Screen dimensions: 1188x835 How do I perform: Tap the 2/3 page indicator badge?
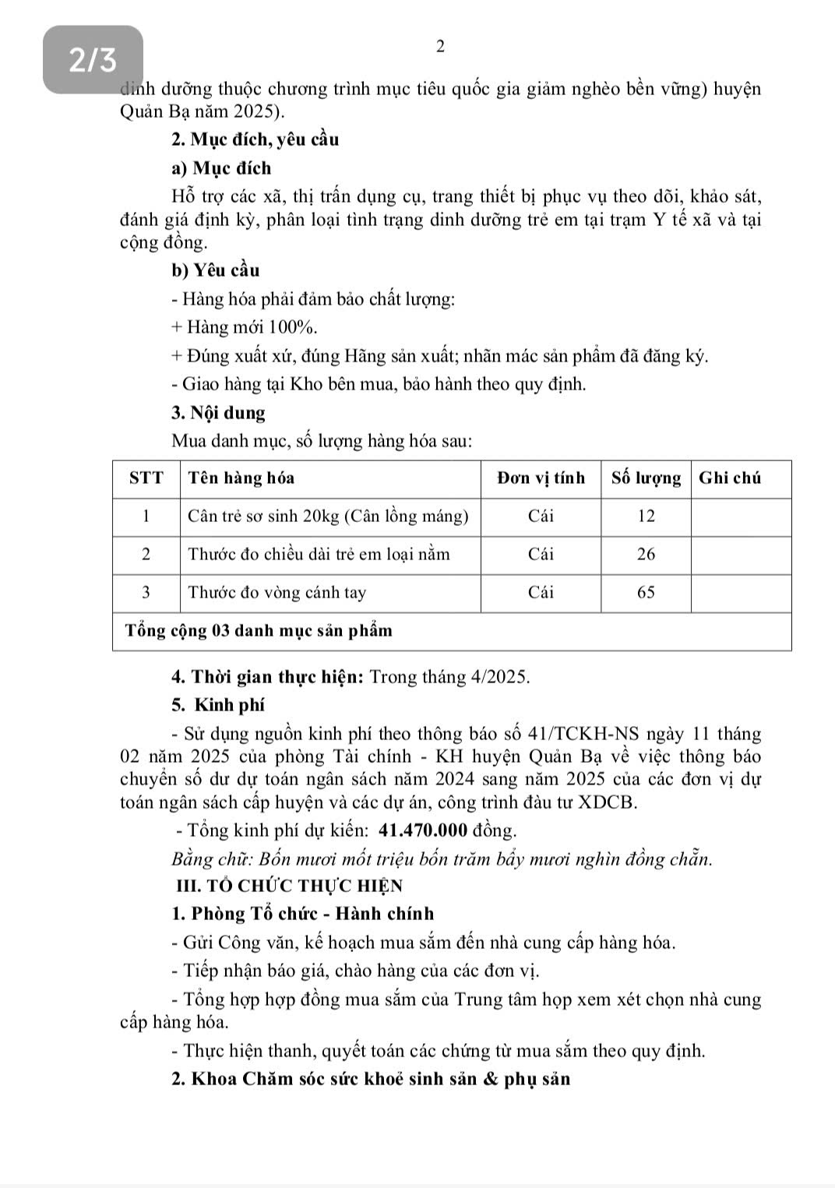[93, 59]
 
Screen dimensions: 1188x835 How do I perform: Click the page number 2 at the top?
[440, 47]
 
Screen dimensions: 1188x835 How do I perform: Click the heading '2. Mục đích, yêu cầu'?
[255, 140]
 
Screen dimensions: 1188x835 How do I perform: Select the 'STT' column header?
[146, 478]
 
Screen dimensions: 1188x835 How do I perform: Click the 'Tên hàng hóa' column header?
[241, 478]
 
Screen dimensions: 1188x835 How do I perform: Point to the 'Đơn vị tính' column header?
[541, 478]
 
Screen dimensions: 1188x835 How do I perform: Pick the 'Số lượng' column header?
[646, 478]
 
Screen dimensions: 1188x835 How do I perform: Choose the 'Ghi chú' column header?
[730, 478]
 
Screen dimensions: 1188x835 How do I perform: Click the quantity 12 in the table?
[646, 516]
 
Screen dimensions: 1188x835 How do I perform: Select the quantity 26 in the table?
[646, 554]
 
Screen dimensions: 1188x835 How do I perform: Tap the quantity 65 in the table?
[646, 592]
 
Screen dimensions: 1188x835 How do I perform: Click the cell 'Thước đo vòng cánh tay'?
[277, 592]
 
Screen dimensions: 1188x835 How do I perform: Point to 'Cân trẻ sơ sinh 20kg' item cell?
[328, 516]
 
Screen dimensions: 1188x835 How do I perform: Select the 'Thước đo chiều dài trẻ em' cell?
[319, 554]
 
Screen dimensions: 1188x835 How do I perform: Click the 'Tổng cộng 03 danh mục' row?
[255, 630]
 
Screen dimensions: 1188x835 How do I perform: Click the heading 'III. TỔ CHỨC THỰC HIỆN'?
[290, 886]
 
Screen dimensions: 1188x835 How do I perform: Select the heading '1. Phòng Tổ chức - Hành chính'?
[302, 914]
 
